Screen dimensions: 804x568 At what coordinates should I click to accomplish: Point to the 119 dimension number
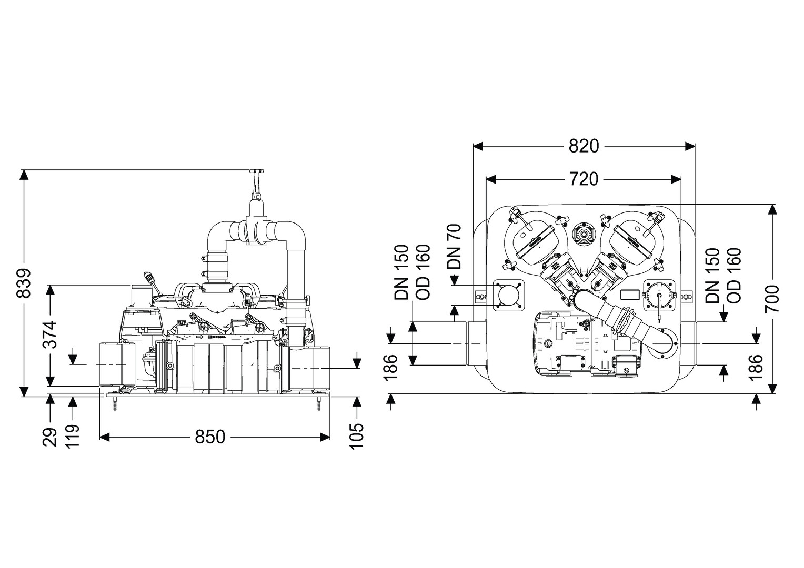[72, 435]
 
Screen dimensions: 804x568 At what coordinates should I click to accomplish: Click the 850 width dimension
[210, 437]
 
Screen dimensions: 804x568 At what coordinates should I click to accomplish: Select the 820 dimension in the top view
[584, 146]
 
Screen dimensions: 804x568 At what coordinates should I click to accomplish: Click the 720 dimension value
[584, 179]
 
